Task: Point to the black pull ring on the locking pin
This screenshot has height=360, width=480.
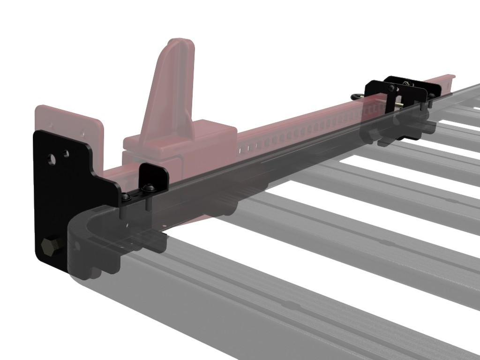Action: [x=358, y=96]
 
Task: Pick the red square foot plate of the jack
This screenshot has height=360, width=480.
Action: [x=70, y=122]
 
